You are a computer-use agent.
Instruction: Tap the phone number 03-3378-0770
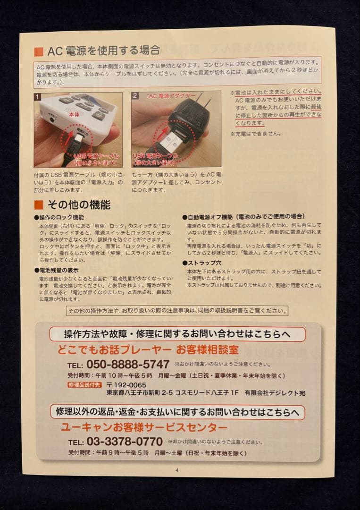(124, 442)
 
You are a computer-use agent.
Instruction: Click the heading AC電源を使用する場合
(104, 51)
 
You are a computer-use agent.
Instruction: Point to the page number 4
(177, 470)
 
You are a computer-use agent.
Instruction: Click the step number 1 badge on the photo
(38, 96)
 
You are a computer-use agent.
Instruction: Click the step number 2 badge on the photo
(135, 96)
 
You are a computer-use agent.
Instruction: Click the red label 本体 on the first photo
(74, 115)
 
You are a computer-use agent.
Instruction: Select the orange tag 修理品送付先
(84, 384)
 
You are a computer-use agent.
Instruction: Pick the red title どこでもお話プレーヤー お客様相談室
(148, 350)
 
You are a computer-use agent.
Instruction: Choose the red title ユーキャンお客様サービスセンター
(144, 427)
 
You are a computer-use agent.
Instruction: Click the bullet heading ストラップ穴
(204, 263)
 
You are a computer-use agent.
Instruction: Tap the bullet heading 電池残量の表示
(58, 270)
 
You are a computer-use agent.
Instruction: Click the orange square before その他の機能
(39, 205)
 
